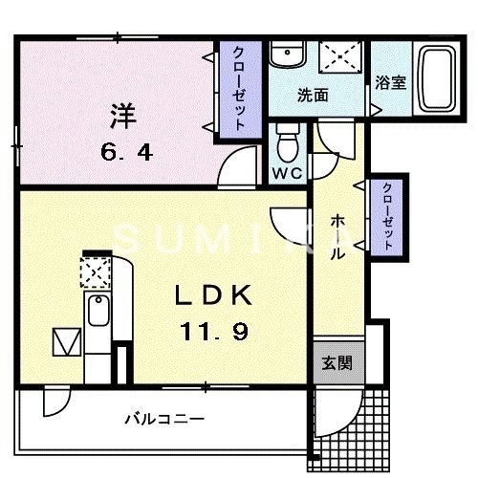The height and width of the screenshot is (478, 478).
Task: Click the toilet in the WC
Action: click(x=288, y=145)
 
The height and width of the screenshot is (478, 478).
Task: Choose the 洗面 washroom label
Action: click(x=313, y=95)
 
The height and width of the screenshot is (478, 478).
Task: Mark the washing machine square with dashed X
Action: click(x=338, y=56)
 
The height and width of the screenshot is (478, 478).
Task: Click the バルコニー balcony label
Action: click(x=163, y=418)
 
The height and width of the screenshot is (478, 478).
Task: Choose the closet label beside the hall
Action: click(x=388, y=216)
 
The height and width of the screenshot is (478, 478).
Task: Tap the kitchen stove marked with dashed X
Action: click(x=95, y=273)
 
